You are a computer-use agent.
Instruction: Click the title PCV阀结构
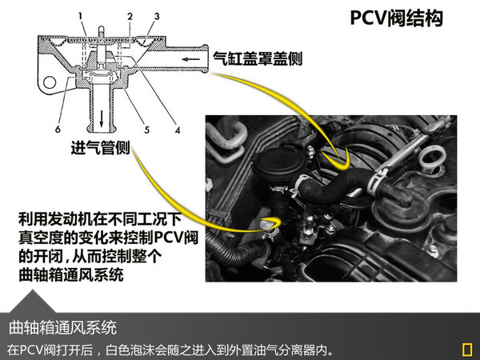[x=397, y=18]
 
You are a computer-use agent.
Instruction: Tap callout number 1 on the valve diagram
[x=81, y=16]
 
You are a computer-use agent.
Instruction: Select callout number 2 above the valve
[x=130, y=17]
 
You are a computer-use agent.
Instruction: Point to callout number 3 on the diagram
[x=157, y=16]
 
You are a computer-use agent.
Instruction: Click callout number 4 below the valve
[x=178, y=130]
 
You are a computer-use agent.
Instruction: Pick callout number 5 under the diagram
[x=147, y=130]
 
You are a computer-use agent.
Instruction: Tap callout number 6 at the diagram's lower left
[x=58, y=129]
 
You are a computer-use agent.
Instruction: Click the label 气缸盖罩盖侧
[x=258, y=58]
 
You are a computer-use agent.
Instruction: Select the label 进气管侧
[x=101, y=148]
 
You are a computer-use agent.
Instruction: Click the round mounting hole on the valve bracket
[x=50, y=82]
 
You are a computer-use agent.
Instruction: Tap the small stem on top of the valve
[x=101, y=31]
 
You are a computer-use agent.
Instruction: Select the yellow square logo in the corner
[x=467, y=350]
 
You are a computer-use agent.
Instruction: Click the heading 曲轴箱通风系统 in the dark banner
[x=62, y=327]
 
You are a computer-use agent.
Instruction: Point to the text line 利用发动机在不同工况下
[x=100, y=219]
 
